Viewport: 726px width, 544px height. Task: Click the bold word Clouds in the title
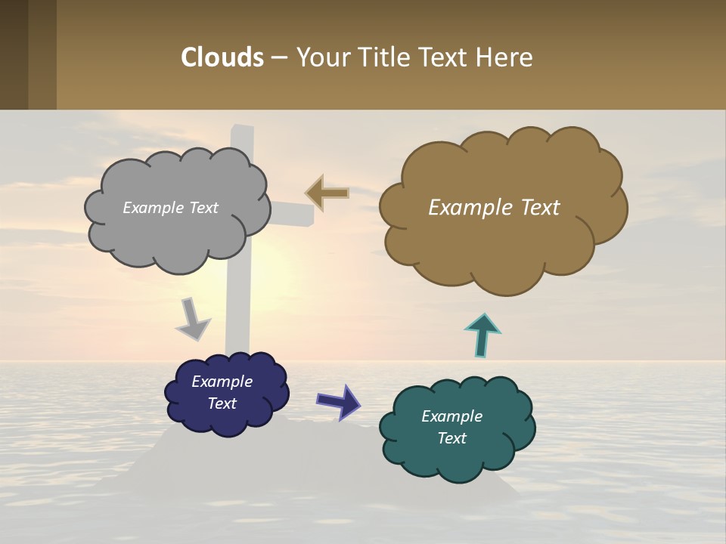coord(222,57)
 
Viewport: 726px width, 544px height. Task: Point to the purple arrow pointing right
coord(339,400)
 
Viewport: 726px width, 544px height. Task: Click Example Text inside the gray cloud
coord(170,208)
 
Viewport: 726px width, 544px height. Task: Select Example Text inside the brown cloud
coord(494,208)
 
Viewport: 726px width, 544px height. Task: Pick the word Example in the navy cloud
coord(222,382)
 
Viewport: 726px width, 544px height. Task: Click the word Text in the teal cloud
coord(451,438)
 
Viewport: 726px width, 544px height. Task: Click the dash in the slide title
coord(279,57)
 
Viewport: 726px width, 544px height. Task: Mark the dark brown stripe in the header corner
coord(14,54)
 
